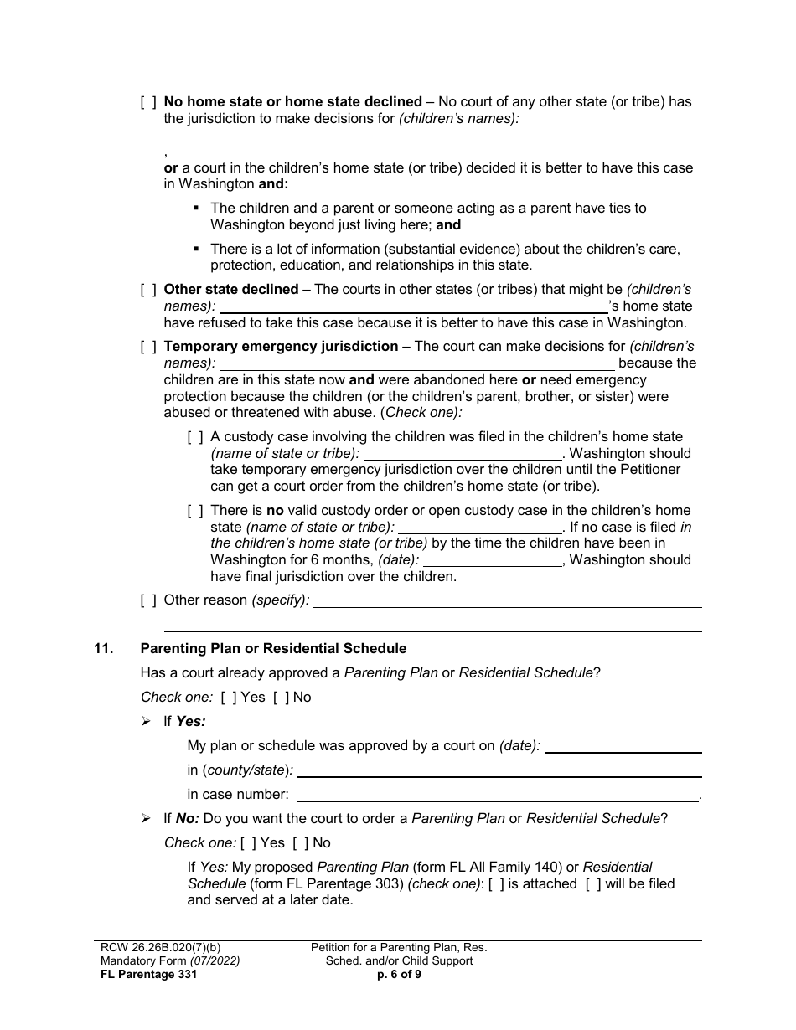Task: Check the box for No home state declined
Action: [x=148, y=102]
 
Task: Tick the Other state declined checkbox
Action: [x=148, y=290]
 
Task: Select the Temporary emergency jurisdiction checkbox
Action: [x=148, y=347]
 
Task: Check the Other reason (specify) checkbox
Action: [x=148, y=600]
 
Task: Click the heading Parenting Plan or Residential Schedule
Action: [x=273, y=648]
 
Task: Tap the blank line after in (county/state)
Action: [x=499, y=770]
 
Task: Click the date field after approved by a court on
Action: [x=623, y=746]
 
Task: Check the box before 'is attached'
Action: [x=496, y=884]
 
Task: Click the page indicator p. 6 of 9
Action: [x=399, y=974]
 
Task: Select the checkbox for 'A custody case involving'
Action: [x=195, y=437]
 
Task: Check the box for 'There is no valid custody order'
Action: [x=195, y=511]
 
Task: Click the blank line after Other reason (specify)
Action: [x=507, y=600]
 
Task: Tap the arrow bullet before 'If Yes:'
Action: [x=147, y=721]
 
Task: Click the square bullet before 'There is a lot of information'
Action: [x=195, y=249]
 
